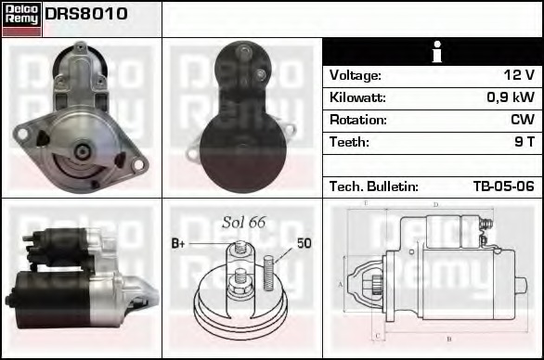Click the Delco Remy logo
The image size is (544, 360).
point(22,19)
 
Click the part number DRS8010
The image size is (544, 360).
point(86,14)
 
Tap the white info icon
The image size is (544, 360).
point(437,52)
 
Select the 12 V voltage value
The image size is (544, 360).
point(519,75)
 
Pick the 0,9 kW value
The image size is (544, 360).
point(511,97)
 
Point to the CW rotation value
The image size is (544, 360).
point(523,120)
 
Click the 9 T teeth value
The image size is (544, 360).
point(525,142)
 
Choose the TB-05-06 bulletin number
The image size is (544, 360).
point(504,186)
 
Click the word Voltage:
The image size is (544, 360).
point(356,75)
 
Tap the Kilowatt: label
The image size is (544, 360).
point(357,97)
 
